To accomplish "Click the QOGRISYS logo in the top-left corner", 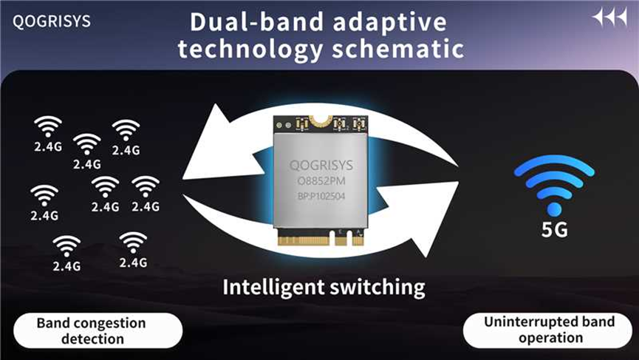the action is pos(52,21).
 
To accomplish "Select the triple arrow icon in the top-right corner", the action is pos(609,18).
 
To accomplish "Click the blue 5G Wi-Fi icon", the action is pos(554,185).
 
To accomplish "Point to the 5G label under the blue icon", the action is pos(554,230).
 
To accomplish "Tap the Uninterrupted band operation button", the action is pos(549,330).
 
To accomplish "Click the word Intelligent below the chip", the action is pos(273,288).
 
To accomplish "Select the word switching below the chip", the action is pos(377,288).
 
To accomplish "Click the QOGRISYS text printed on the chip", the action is pos(321,165).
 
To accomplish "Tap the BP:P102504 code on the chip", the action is pos(321,196).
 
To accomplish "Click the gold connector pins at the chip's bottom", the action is pos(321,240).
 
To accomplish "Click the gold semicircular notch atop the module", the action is pos(321,120).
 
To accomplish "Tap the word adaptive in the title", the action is pos(390,22).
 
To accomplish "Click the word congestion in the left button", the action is pos(110,323).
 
